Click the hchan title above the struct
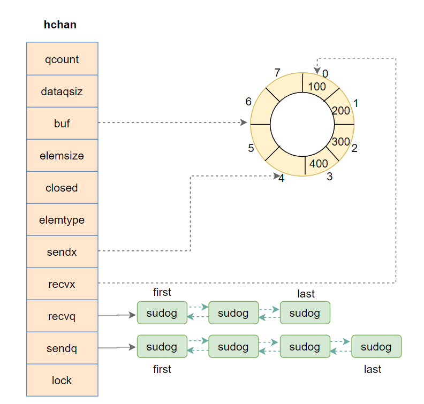click(x=60, y=25)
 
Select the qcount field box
click(x=62, y=59)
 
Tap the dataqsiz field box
click(x=62, y=91)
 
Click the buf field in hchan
click(x=62, y=123)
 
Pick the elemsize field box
click(x=62, y=155)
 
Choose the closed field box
click(x=62, y=187)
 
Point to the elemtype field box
click(x=62, y=219)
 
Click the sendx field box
click(x=62, y=251)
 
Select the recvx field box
click(x=62, y=284)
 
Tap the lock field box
click(x=62, y=380)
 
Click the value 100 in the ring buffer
click(x=317, y=86)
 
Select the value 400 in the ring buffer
click(x=319, y=164)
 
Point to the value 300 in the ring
click(x=340, y=142)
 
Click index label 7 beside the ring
click(x=277, y=73)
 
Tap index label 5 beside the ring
click(x=251, y=148)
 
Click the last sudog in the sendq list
click(x=376, y=347)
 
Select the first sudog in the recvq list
click(x=162, y=313)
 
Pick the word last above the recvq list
click(x=306, y=294)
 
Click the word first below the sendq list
click(x=162, y=369)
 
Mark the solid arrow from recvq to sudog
click(x=117, y=315)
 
